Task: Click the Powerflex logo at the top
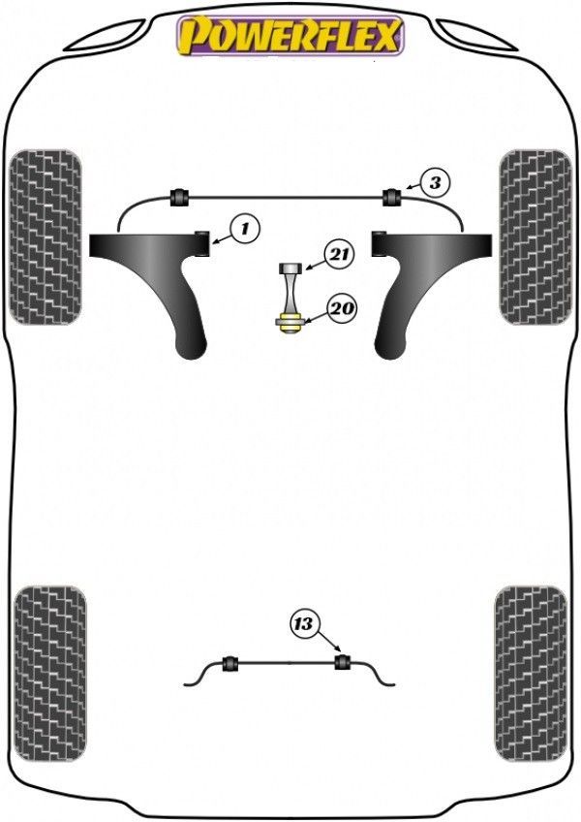tap(289, 35)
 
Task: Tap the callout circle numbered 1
tap(245, 229)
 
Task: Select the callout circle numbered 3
tap(436, 181)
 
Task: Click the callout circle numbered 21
tap(339, 255)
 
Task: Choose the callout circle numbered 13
tap(304, 624)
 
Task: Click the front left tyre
tap(45, 236)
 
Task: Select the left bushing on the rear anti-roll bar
tap(230, 663)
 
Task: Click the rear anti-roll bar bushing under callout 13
tap(341, 663)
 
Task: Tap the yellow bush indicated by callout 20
tap(288, 324)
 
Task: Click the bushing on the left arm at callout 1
tap(204, 242)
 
